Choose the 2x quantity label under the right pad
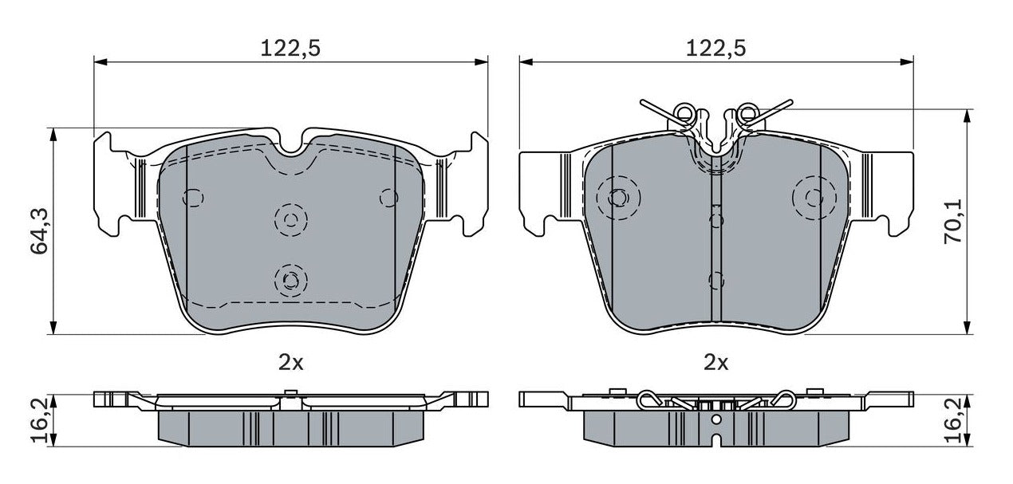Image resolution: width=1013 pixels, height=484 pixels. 715,363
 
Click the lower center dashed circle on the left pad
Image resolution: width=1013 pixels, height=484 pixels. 290,278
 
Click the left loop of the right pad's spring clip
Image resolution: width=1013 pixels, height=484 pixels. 683,114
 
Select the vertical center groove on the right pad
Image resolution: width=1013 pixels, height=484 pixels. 715,239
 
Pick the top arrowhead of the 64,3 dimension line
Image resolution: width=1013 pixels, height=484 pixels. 54,133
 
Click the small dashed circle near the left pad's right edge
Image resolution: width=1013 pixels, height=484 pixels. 388,196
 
